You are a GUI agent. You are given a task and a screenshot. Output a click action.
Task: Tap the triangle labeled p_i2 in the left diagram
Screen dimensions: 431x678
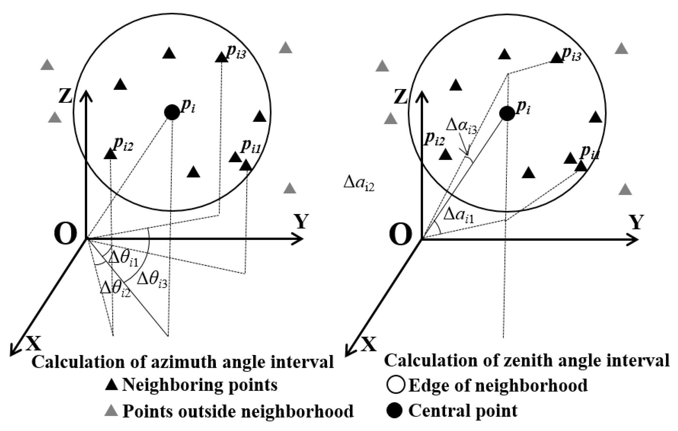pyautogui.click(x=110, y=154)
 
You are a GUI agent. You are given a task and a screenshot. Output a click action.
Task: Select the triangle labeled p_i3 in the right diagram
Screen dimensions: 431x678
pyautogui.click(x=557, y=58)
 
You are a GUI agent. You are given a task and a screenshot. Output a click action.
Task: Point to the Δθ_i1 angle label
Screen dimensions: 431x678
pyautogui.click(x=123, y=259)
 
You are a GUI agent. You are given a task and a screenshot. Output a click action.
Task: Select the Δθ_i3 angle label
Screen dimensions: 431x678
pyautogui.click(x=152, y=280)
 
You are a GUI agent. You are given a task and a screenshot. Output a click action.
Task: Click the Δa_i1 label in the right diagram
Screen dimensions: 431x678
pyautogui.click(x=459, y=215)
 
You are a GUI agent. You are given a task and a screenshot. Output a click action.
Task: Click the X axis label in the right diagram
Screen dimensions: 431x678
pyautogui.click(x=369, y=344)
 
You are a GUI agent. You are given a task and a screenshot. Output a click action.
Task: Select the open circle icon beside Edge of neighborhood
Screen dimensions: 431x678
pyautogui.click(x=396, y=385)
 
